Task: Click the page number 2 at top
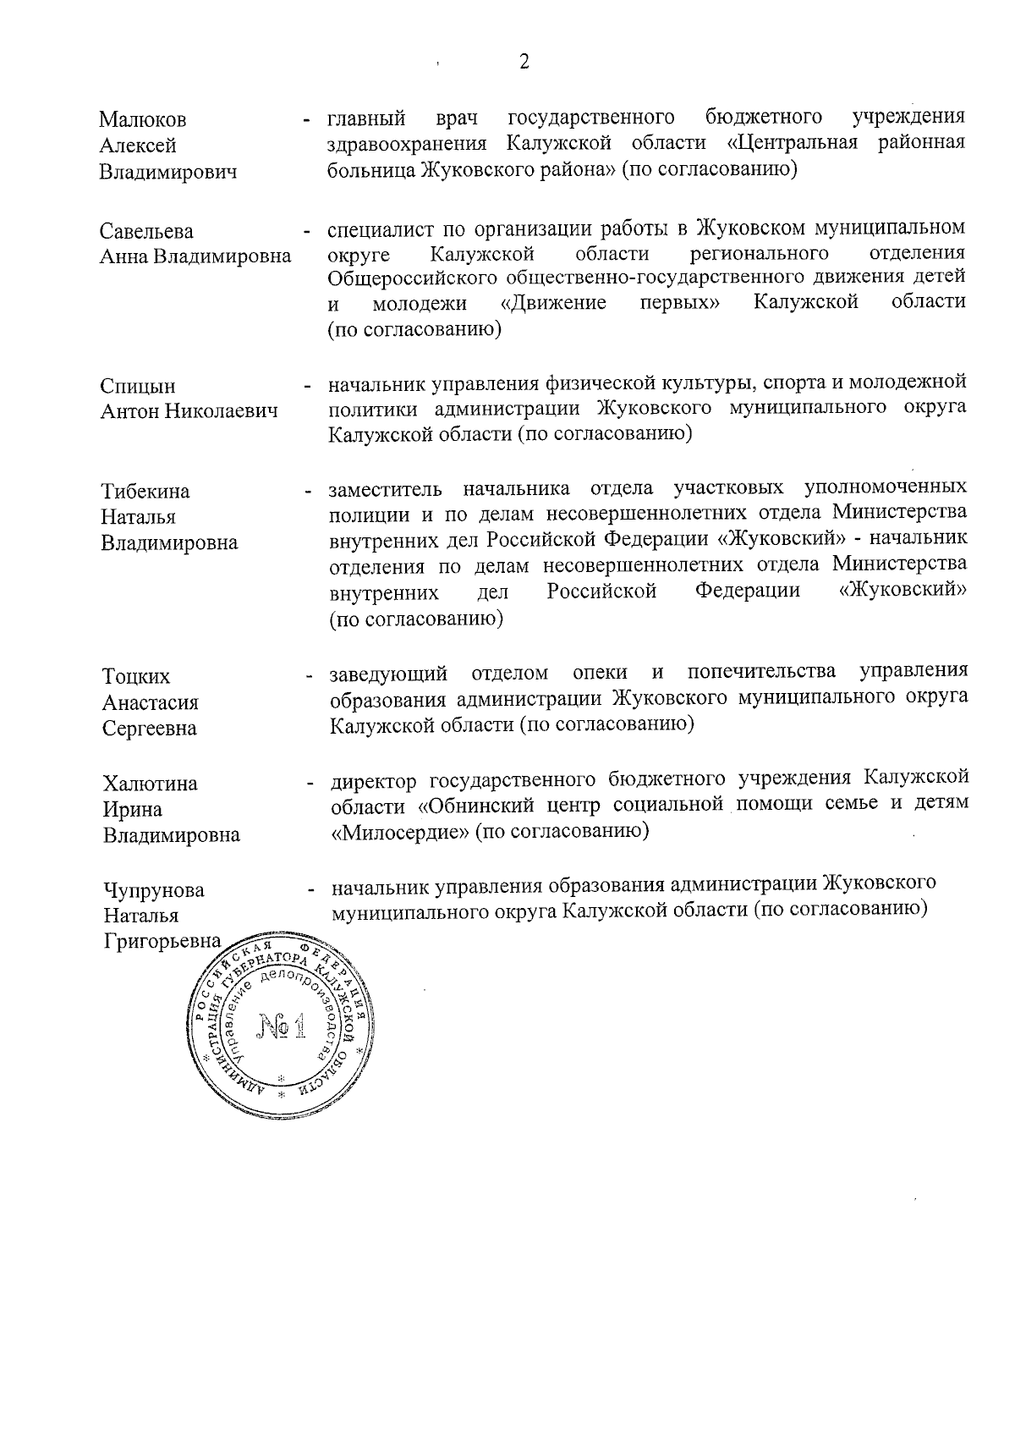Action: tap(524, 63)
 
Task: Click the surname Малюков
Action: tap(142, 119)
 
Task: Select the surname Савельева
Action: tap(146, 232)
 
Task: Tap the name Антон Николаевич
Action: tap(189, 412)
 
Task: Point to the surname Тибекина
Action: tap(145, 492)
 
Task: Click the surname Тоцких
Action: tap(136, 677)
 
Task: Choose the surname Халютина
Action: tap(151, 784)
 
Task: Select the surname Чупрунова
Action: tap(154, 890)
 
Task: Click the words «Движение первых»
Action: tap(617, 303)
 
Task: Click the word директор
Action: tap(376, 778)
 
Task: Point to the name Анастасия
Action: tap(151, 703)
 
